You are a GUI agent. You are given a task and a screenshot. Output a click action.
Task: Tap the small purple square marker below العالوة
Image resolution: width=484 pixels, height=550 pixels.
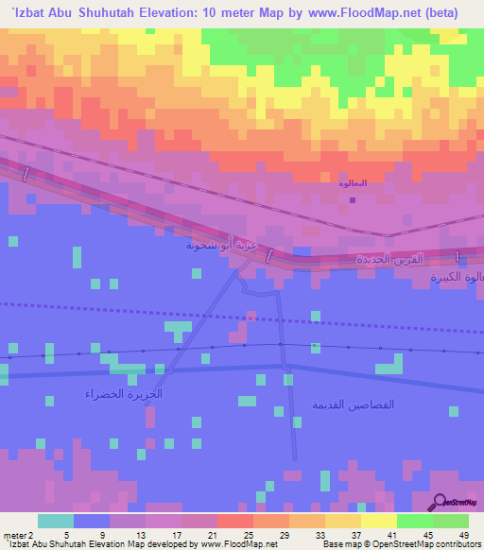(352, 199)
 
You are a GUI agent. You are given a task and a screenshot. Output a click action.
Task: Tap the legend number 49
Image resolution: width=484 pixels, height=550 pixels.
(463, 534)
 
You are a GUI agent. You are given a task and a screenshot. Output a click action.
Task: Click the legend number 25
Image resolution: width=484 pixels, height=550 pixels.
(248, 534)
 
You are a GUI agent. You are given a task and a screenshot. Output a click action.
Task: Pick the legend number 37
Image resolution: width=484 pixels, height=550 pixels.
(355, 534)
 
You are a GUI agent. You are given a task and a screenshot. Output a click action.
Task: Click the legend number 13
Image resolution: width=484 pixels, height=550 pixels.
(139, 534)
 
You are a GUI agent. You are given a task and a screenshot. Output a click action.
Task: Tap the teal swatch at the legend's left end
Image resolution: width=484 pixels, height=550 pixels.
(55, 521)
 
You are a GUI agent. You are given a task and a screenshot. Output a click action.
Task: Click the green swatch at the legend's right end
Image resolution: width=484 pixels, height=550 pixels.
(451, 521)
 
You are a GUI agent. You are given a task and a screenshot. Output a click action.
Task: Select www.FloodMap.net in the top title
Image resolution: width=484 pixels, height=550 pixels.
(388, 15)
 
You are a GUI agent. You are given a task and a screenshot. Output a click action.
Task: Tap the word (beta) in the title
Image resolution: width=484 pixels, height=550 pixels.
(459, 15)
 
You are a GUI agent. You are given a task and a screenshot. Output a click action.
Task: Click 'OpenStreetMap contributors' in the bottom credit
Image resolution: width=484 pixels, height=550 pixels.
(432, 544)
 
